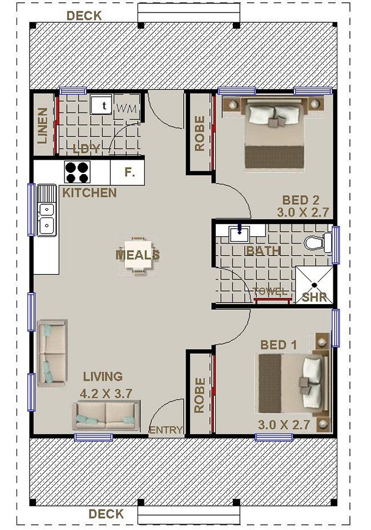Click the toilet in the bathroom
[x=318, y=242]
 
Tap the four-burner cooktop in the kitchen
[x=77, y=172]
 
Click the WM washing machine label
[x=127, y=108]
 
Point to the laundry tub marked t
[x=101, y=105]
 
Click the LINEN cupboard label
[x=43, y=126]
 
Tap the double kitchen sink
[x=46, y=211]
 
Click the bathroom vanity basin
[x=240, y=234]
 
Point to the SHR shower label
[x=314, y=297]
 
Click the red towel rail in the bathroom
[x=273, y=301]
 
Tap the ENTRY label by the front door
[x=166, y=430]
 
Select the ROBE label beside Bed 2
[x=200, y=133]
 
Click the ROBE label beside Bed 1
[x=200, y=395]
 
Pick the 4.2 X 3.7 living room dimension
[x=106, y=394]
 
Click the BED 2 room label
[x=301, y=200]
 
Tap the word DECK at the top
[x=84, y=15]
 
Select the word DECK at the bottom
[x=106, y=514]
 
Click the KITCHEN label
[x=89, y=193]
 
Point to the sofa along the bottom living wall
[x=106, y=415]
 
